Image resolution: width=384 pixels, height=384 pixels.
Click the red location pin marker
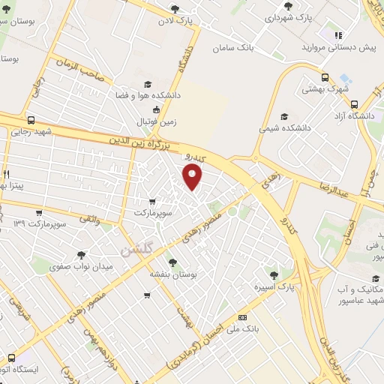coord(193,177)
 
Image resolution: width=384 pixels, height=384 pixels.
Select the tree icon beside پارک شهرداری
coord(286,6)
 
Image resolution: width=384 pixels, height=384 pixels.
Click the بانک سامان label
coord(256,48)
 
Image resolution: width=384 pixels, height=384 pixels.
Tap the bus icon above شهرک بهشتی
coord(325,76)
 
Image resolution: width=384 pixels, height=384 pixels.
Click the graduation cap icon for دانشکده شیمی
coord(283,116)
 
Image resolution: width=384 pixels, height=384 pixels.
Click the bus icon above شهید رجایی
coord(31,120)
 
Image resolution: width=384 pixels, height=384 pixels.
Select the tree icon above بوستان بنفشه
coord(172,262)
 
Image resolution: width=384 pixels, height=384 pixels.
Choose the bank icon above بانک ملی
coord(241,316)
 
